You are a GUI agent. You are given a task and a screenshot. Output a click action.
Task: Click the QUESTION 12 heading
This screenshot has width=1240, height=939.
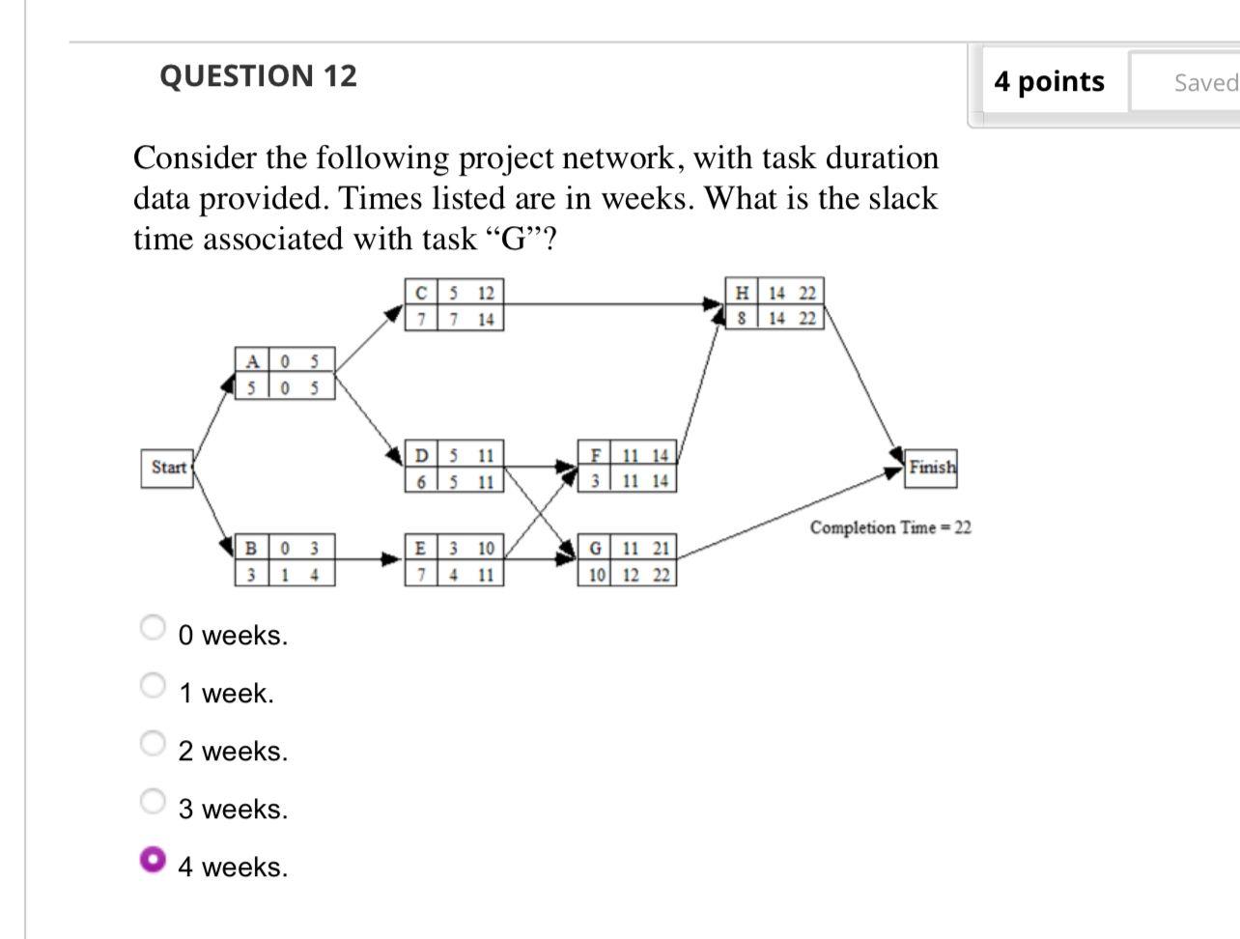[258, 76]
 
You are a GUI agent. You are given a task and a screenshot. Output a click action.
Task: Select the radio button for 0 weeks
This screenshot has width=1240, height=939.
[153, 628]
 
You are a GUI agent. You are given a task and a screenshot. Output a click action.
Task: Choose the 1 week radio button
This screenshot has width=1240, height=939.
[153, 686]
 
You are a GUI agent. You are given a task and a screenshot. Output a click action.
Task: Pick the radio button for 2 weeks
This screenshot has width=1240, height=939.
[153, 743]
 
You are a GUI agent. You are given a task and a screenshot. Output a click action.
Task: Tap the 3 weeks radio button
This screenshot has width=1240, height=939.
[153, 801]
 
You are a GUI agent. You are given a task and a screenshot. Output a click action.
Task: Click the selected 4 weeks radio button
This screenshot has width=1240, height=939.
[153, 859]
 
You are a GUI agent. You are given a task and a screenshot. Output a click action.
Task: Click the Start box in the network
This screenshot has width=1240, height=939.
[168, 468]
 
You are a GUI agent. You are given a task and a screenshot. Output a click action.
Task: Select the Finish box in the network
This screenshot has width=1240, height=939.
[931, 468]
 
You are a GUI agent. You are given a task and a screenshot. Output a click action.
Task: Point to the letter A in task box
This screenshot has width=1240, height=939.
[252, 362]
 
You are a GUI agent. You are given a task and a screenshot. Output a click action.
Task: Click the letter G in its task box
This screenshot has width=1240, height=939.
[596, 549]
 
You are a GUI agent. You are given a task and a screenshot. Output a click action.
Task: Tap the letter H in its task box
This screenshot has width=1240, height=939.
[742, 293]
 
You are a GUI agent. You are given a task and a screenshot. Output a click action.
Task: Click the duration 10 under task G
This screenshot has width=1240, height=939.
[597, 575]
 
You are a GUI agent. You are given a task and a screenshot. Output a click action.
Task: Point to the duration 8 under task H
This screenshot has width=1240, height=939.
[741, 318]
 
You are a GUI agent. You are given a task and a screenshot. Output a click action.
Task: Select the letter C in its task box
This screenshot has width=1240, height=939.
[420, 293]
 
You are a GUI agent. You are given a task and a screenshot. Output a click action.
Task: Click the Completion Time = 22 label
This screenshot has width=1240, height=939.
[889, 527]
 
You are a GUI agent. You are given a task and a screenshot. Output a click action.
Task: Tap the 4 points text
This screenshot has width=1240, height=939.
[1049, 82]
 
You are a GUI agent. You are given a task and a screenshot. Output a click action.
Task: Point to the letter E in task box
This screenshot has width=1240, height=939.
[420, 549]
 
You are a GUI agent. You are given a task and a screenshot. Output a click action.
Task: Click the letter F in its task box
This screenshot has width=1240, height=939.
[596, 455]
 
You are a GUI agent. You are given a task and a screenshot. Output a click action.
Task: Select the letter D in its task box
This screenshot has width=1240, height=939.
[421, 455]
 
